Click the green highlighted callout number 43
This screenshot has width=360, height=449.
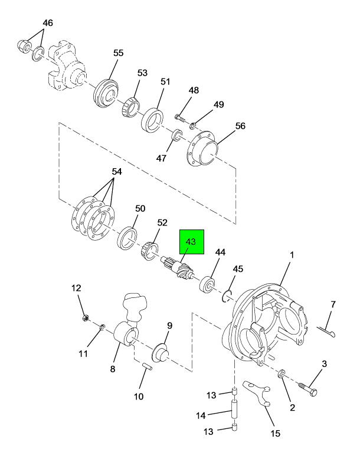click(191, 242)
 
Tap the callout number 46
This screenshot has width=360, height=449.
click(48, 23)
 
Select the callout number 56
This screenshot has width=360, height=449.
click(240, 126)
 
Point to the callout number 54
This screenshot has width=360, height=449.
click(117, 172)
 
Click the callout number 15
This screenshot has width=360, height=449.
click(275, 433)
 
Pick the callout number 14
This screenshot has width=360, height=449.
click(201, 415)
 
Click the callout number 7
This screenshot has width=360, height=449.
click(333, 304)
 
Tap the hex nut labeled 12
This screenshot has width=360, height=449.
click(85, 318)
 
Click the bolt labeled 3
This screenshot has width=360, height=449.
click(309, 389)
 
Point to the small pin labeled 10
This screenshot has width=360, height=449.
click(148, 367)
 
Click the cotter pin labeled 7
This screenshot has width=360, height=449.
click(326, 331)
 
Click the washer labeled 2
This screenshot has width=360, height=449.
click(282, 373)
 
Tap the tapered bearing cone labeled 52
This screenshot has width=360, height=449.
click(149, 251)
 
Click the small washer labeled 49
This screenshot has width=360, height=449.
click(193, 126)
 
